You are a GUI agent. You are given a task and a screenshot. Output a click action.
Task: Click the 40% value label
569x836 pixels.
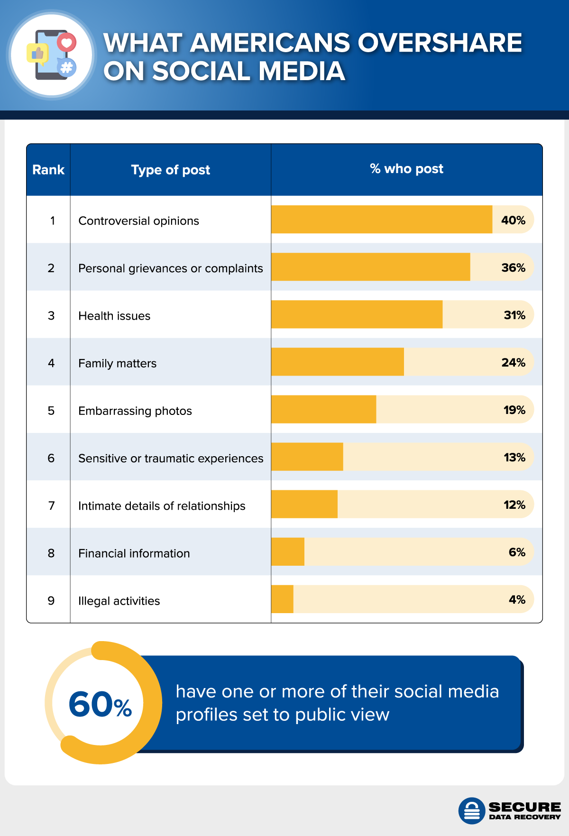[x=513, y=220]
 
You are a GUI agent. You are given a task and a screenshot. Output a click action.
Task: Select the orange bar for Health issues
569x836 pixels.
[x=357, y=314]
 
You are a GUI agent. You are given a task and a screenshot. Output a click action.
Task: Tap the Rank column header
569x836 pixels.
[x=48, y=170]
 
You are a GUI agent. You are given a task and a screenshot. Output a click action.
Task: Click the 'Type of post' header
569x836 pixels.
[x=170, y=170]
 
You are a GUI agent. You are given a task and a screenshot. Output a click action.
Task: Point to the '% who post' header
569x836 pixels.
[x=406, y=169]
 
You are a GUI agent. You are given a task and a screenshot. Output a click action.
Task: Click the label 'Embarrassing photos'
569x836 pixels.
[x=135, y=411]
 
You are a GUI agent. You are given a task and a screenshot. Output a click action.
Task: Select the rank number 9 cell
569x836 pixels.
[x=51, y=601]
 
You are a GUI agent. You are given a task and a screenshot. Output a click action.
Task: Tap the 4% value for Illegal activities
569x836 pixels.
[x=517, y=599]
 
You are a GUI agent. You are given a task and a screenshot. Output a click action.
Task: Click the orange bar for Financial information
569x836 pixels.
[x=288, y=551]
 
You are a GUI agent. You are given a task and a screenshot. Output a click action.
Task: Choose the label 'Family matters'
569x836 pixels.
[x=117, y=363]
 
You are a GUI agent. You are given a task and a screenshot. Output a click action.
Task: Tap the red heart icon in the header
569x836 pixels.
[x=67, y=43]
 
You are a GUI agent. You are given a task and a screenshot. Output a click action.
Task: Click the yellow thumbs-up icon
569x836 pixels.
[x=37, y=54]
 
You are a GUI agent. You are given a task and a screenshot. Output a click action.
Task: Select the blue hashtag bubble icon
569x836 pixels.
[x=67, y=68]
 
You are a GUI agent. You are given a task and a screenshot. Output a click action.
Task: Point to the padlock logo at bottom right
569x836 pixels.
[x=471, y=810]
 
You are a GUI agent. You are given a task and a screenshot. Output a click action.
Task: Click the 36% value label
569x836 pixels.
[x=513, y=267]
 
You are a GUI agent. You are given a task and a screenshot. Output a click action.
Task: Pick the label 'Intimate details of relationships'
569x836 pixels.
[x=162, y=506]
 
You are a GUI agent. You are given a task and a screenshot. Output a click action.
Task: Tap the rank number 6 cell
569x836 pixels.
[x=51, y=458]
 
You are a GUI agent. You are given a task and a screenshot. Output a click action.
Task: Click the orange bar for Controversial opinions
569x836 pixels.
[x=382, y=220]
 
